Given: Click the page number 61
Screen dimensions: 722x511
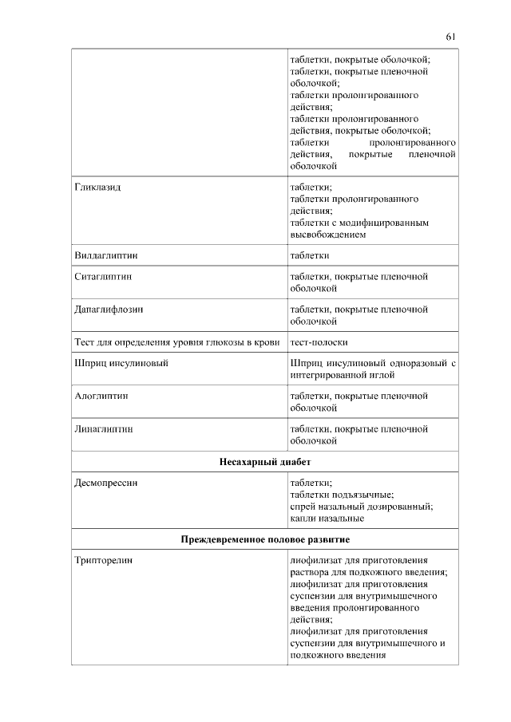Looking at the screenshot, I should pyautogui.click(x=450, y=36).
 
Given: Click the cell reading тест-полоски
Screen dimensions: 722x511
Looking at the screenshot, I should pyautogui.click(x=319, y=342).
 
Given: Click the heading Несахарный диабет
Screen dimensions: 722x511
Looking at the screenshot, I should pyautogui.click(x=265, y=462).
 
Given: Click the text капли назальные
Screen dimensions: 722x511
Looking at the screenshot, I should pyautogui.click(x=327, y=519).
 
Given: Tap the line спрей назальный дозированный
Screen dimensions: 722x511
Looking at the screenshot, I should pyautogui.click(x=361, y=507).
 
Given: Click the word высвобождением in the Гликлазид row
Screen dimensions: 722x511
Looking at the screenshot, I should pyautogui.click(x=328, y=235).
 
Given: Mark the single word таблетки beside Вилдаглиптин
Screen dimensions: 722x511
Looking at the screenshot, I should pyautogui.click(x=310, y=255).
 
